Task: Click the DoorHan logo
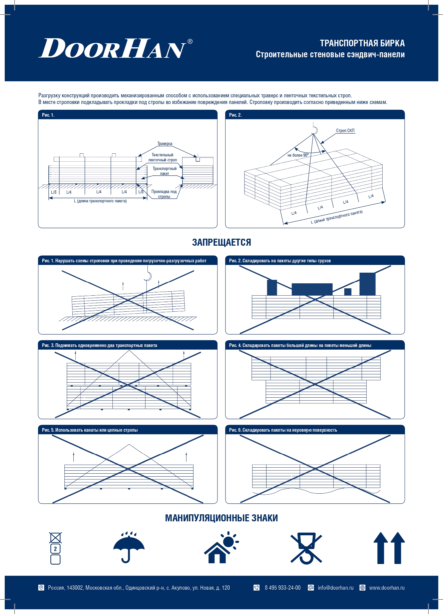coord(115,49)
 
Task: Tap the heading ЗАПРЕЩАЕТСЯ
coord(221,242)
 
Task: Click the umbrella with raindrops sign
coord(129,547)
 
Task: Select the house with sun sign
coord(221,547)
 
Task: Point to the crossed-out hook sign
coord(306,548)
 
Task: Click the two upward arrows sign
coord(389,548)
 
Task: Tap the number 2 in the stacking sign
coord(55,549)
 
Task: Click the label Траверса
coord(165,144)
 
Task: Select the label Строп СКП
coord(345,131)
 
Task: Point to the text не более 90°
coord(298,155)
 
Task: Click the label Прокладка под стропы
coord(164,194)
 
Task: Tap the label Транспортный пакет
coord(164,171)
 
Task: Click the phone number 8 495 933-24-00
coord(283,588)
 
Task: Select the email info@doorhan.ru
coord(335,588)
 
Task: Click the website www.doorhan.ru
coord(387,588)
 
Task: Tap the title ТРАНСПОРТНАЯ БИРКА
coord(362,43)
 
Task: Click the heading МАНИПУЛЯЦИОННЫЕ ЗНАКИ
coord(221,518)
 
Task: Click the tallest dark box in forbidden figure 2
coord(367,284)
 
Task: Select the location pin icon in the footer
coord(41,588)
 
